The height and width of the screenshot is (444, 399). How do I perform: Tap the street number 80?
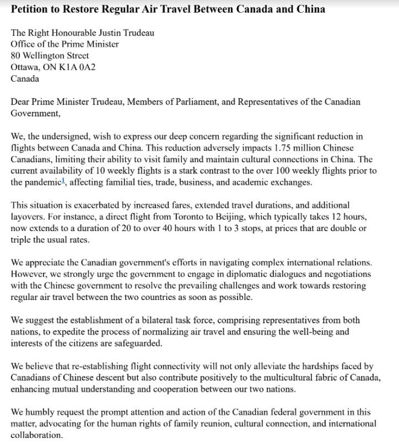16,56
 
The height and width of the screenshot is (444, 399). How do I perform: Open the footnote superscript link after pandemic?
62,181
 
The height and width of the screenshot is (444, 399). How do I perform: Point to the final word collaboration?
36,435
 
